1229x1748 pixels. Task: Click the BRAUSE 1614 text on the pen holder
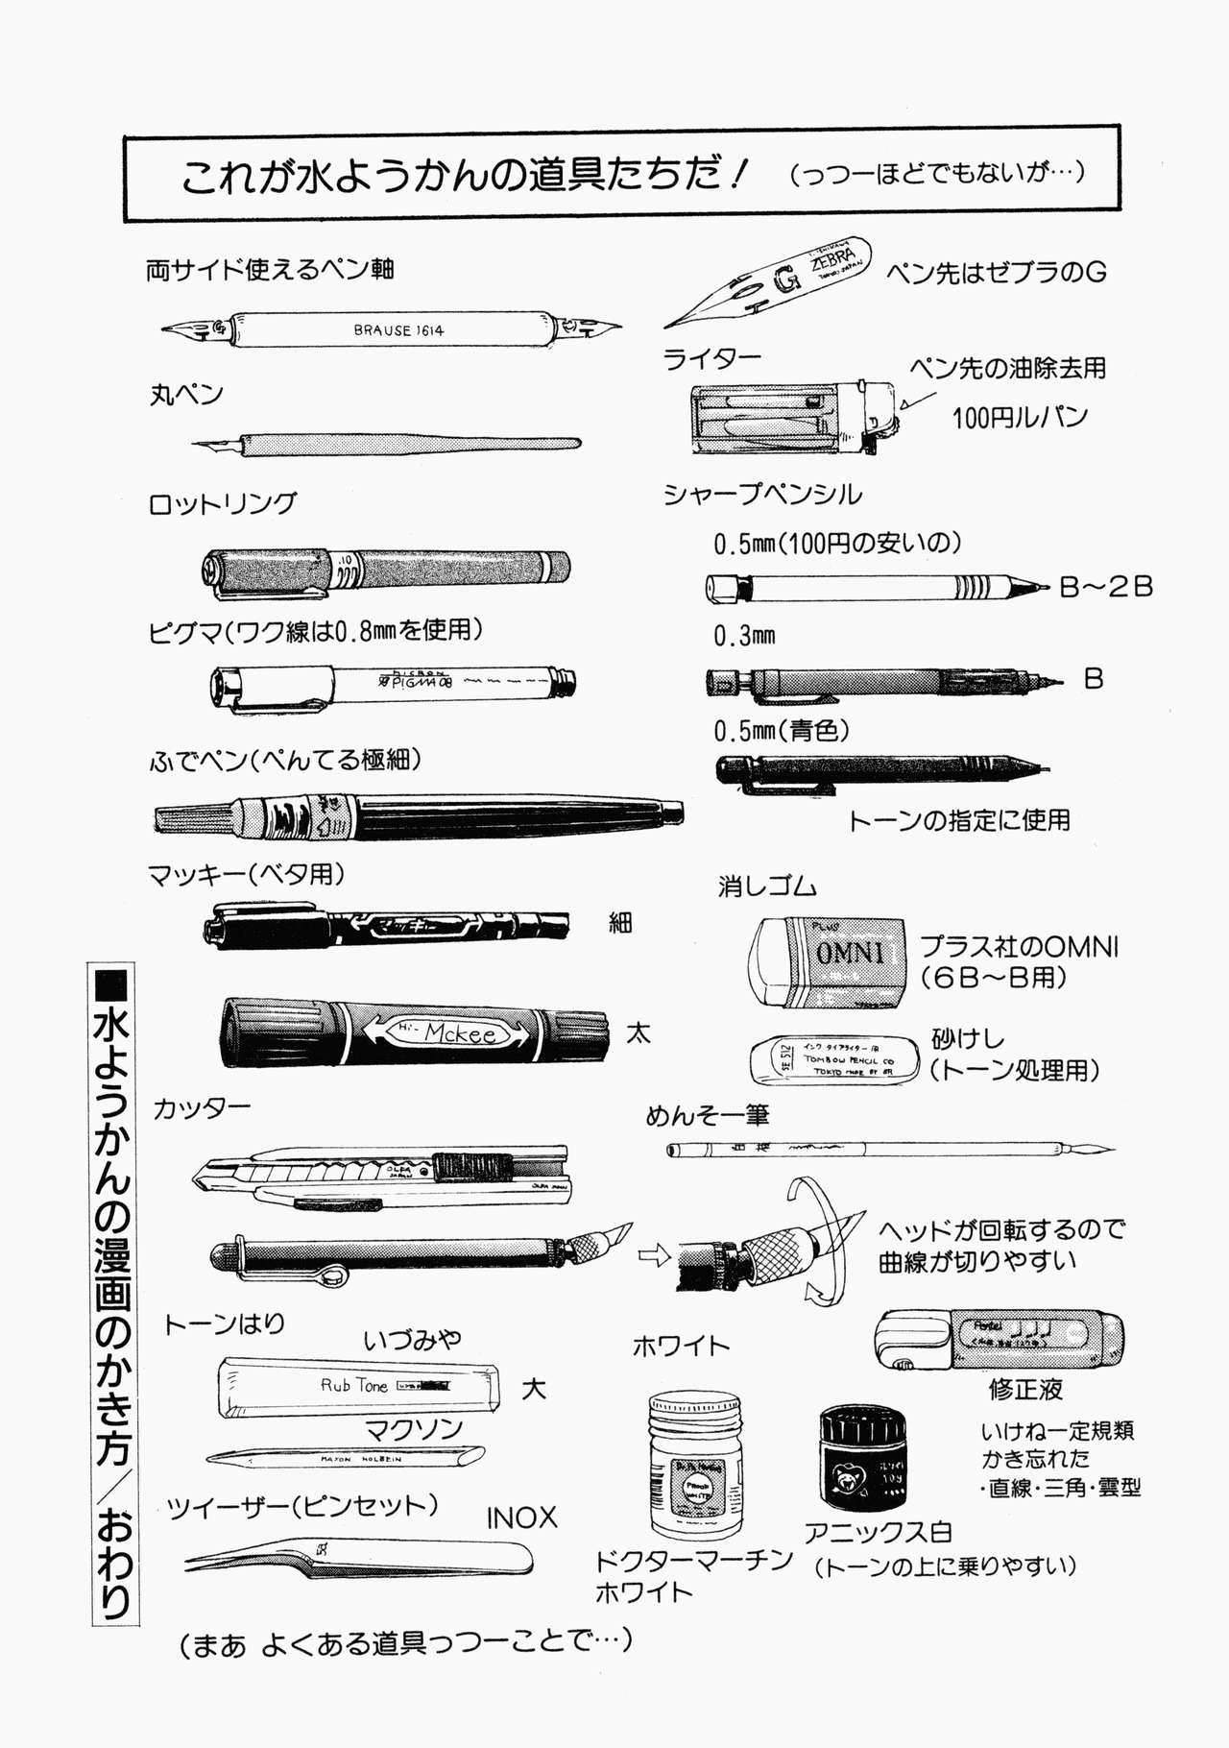398,330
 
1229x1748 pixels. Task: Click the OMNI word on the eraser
850,953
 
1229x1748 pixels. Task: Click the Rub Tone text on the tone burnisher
353,1386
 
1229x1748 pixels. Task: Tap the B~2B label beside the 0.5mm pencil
1105,587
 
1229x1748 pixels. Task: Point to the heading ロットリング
223,504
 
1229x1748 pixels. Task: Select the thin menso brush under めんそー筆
888,1148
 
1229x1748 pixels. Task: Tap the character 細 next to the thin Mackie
620,924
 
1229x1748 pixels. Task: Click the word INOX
521,1518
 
